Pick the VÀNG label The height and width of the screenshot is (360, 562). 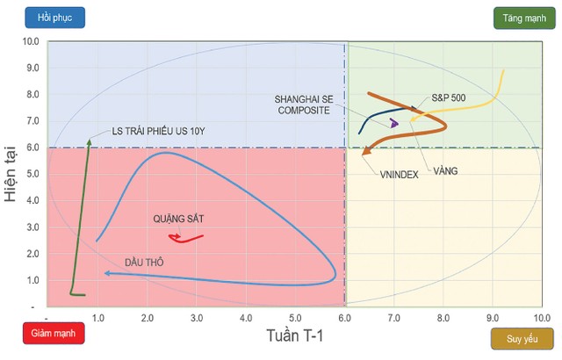pyautogui.click(x=445, y=170)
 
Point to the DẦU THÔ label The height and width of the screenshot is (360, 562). pyautogui.click(x=143, y=262)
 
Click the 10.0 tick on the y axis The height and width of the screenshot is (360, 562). pyautogui.click(x=32, y=41)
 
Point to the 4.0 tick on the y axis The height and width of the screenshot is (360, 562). pyautogui.click(x=32, y=201)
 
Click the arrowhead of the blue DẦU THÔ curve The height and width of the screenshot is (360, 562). pyautogui.click(x=106, y=273)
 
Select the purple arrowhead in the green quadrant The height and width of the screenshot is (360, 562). pyautogui.click(x=394, y=123)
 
